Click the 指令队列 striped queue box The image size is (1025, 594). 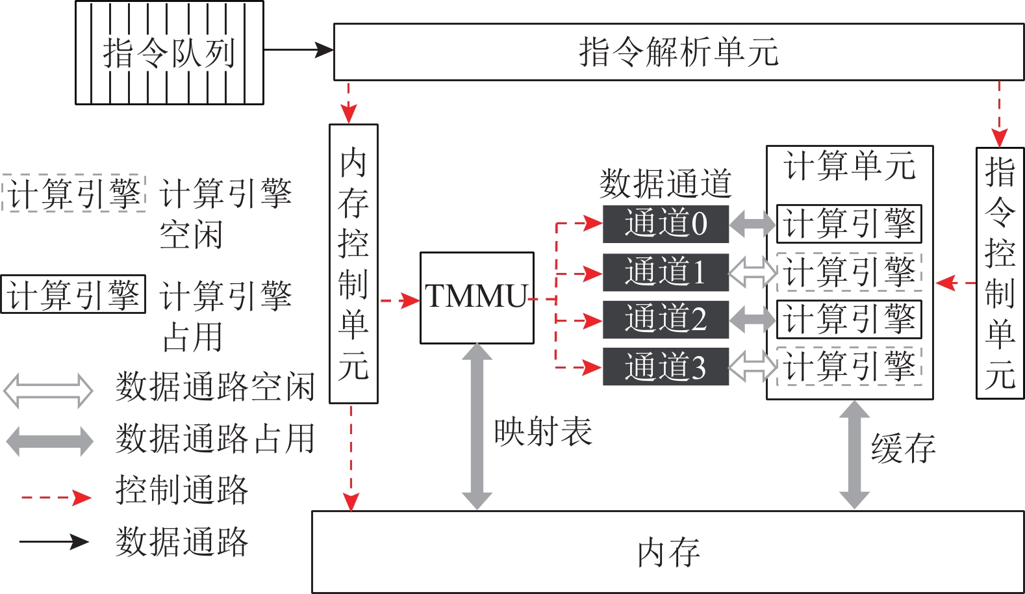click(170, 53)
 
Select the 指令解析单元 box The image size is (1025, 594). click(678, 52)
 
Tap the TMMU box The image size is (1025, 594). click(477, 298)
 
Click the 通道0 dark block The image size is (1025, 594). click(666, 224)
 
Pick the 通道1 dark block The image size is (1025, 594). click(666, 272)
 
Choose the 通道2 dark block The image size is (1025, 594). click(666, 320)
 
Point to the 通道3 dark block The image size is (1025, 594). click(666, 367)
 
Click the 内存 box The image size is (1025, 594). click(668, 552)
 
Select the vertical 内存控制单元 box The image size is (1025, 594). click(353, 264)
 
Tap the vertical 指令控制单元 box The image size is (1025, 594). click(1000, 273)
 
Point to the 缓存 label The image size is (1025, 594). click(903, 448)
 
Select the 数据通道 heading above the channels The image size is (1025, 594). click(666, 183)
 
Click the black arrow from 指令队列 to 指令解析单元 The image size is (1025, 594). click(299, 49)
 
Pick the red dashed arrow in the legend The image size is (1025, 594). click(56, 498)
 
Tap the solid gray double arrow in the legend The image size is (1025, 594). click(49, 441)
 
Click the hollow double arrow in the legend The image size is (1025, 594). click(49, 390)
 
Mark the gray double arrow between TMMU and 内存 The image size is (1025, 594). click(477, 426)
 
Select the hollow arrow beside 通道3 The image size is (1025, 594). click(753, 367)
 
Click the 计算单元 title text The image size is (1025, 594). click(850, 166)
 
